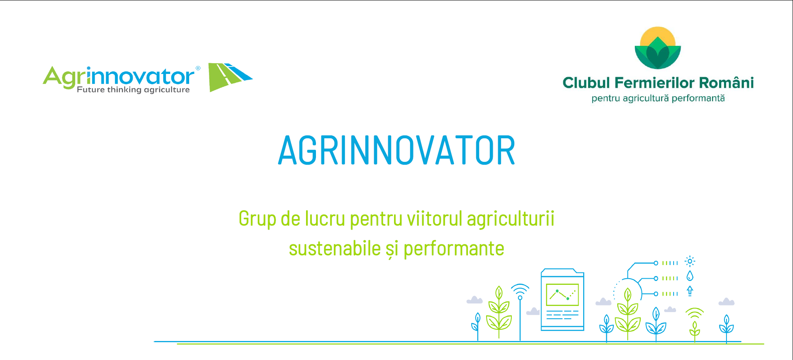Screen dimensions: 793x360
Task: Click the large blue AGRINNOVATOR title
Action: tap(396, 150)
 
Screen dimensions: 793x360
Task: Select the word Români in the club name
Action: tap(727, 82)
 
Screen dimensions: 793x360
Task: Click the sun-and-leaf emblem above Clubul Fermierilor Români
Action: tap(658, 48)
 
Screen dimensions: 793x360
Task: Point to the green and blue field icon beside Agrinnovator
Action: tap(230, 77)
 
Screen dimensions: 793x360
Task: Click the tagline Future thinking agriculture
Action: tap(133, 90)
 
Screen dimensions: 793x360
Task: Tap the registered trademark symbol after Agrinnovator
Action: tap(198, 68)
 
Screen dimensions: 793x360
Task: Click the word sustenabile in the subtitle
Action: tap(335, 249)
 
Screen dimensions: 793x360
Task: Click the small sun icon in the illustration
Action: tap(690, 261)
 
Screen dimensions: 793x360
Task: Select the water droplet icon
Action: tap(690, 276)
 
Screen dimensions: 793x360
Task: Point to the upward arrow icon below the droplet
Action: tap(690, 291)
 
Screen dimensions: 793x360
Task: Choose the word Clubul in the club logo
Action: tap(586, 83)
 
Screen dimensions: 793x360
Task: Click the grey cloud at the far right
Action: tap(727, 302)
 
